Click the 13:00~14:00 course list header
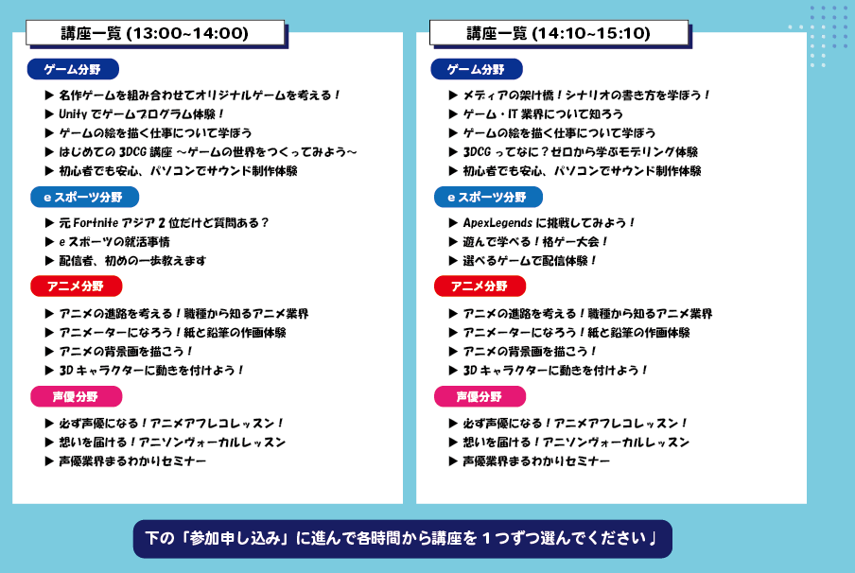coord(155,33)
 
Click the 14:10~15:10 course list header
coord(559,33)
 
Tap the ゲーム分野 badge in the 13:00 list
coord(73,69)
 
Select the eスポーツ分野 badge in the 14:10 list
coord(488,197)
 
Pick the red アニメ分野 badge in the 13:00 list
coord(77,286)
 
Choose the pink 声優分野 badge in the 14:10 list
coord(480,396)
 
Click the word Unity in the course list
coord(73,114)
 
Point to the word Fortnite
coord(96,222)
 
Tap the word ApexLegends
coord(497,222)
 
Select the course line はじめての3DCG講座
coord(208,151)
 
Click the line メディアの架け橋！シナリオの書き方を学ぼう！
coord(586,95)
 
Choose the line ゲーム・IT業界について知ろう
coord(543,114)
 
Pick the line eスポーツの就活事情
coord(114,241)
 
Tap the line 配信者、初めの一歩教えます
coord(132,261)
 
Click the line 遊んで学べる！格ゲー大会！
coord(535,241)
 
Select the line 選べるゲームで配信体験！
coord(530,261)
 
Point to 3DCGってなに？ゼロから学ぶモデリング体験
coord(580,151)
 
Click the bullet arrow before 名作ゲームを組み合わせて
coord(49,95)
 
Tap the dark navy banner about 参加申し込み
coord(402,539)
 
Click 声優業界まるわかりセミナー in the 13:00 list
coord(132,461)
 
